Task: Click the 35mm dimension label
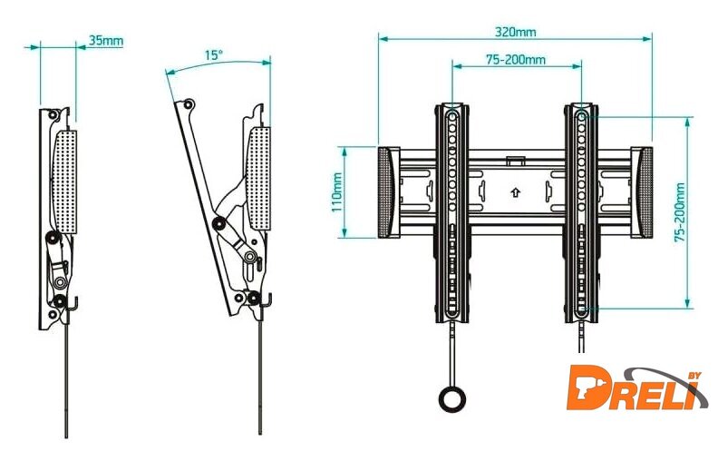click(106, 40)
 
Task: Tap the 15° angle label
click(213, 55)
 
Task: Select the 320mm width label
click(515, 32)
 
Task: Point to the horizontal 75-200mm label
click(516, 60)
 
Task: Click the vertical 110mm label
click(337, 192)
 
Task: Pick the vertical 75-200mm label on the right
click(680, 212)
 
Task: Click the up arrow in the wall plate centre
click(516, 192)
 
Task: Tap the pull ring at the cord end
click(452, 398)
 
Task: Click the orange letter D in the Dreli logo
click(587, 387)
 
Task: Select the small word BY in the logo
click(694, 376)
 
